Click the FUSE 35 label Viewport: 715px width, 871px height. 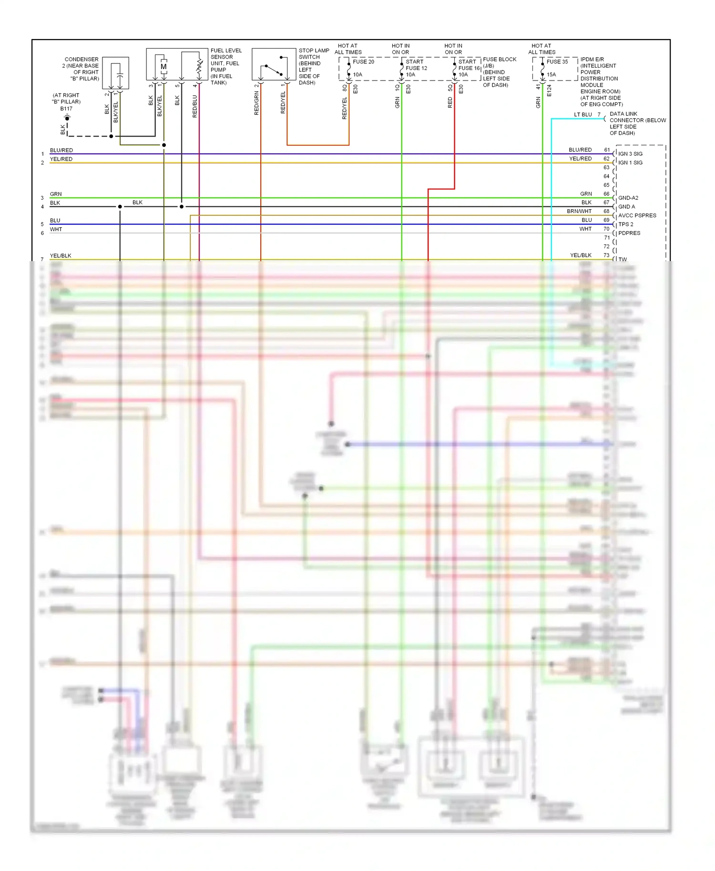(557, 61)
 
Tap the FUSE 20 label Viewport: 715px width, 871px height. (363, 61)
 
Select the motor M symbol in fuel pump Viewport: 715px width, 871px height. (163, 67)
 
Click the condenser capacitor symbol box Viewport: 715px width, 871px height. (115, 73)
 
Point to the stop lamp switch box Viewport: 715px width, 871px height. (274, 64)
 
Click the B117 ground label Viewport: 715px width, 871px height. (66, 109)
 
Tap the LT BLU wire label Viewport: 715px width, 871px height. (582, 114)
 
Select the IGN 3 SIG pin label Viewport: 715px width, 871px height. (630, 154)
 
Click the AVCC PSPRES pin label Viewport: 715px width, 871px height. (637, 215)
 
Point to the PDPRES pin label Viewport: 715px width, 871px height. (629, 233)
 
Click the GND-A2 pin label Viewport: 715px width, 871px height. (628, 198)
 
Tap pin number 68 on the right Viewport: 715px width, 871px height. (606, 211)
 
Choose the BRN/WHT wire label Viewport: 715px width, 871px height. (579, 211)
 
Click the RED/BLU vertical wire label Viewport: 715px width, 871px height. (195, 106)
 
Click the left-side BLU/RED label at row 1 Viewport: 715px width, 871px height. (61, 150)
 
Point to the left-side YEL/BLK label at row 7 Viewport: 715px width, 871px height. (61, 256)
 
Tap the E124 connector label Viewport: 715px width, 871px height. (549, 91)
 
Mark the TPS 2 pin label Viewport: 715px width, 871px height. (626, 224)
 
